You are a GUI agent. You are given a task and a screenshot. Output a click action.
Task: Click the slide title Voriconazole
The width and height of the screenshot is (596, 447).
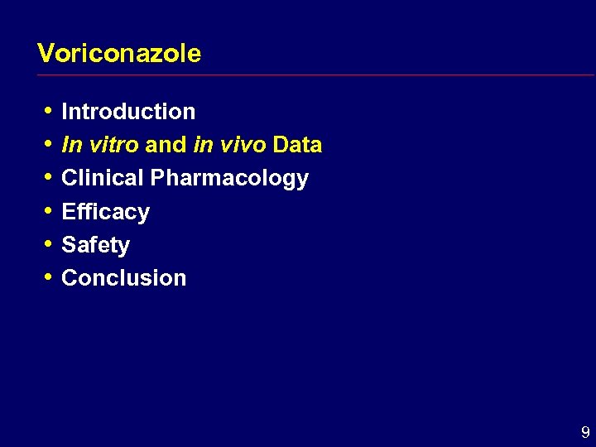point(119,54)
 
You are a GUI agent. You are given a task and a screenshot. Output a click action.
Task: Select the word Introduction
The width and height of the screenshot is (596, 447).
point(128,112)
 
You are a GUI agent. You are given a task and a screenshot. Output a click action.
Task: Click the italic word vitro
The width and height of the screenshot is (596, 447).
point(113,145)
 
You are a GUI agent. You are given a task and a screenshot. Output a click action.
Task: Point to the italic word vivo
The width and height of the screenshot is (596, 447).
point(242,145)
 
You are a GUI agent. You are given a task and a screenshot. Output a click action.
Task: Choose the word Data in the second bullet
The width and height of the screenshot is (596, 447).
point(297,145)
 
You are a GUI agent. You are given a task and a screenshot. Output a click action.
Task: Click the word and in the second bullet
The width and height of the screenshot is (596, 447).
point(166,145)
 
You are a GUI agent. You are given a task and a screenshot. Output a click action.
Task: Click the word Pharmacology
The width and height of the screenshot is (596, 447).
point(229,179)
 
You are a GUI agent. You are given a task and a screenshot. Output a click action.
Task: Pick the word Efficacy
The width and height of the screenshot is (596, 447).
point(106,212)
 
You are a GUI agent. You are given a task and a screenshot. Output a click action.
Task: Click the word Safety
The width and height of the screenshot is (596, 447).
point(96,245)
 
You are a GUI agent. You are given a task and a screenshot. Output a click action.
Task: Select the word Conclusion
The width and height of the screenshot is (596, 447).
point(124,278)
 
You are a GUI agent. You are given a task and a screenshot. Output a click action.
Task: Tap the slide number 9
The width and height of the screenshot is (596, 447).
point(585,432)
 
